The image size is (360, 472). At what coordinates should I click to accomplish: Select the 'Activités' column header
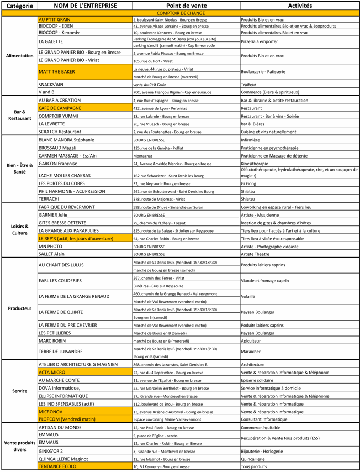pyautogui.click(x=300, y=6)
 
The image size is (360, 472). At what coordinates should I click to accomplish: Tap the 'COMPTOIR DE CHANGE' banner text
pyautogui.click(x=180, y=12)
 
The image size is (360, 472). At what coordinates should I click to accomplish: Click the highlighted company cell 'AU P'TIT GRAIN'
pyautogui.click(x=55, y=19)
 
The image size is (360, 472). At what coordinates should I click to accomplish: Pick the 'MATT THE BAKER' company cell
pyautogui.click(x=57, y=72)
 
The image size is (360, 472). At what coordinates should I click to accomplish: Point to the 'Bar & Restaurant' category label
pyautogui.click(x=20, y=115)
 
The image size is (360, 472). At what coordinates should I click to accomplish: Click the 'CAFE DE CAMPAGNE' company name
pyautogui.click(x=60, y=108)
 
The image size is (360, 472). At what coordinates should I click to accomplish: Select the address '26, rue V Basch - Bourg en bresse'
pyautogui.click(x=166, y=124)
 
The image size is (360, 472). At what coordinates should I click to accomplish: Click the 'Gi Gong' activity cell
pyautogui.click(x=249, y=183)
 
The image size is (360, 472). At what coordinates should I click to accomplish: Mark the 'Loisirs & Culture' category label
pyautogui.click(x=20, y=229)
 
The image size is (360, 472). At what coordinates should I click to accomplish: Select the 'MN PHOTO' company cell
pyautogui.click(x=51, y=246)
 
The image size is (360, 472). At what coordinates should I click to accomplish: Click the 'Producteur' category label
pyautogui.click(x=20, y=308)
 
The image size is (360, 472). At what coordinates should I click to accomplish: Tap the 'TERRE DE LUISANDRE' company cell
pyautogui.click(x=61, y=352)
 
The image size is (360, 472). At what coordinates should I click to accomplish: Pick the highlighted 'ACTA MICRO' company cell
pyautogui.click(x=52, y=373)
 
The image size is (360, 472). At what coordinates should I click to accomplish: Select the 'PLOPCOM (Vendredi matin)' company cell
pyautogui.click(x=67, y=419)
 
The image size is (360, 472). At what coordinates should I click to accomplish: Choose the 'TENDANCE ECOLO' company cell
pyautogui.click(x=57, y=466)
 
